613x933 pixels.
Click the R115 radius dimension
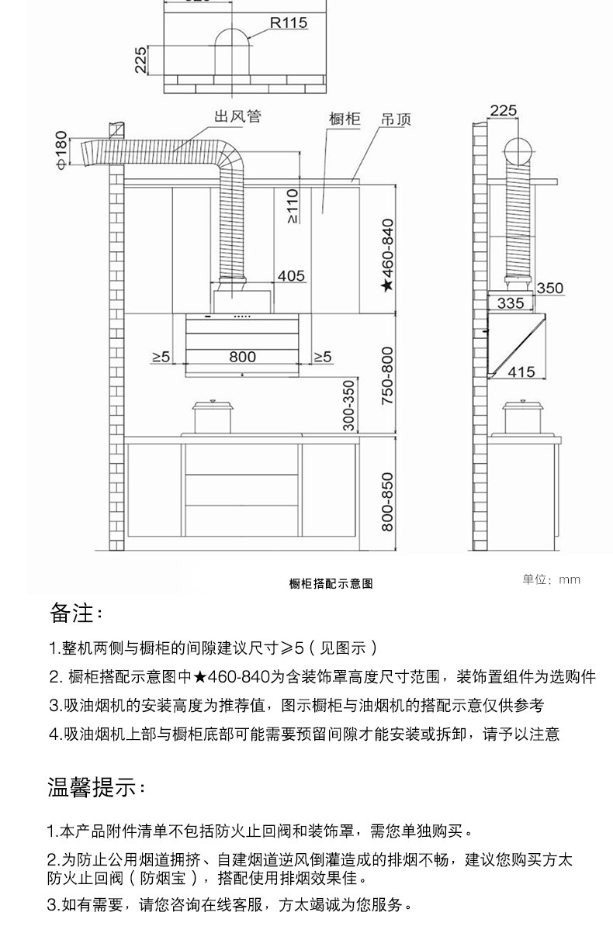coord(289,23)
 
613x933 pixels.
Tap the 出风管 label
coord(237,117)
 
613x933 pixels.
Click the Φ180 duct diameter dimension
coord(62,150)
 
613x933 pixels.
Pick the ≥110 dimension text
coord(292,206)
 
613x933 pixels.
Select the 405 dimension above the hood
coord(291,276)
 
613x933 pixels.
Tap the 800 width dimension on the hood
coord(242,357)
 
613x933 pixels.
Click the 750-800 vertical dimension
coord(388,375)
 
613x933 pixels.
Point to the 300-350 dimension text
coord(348,405)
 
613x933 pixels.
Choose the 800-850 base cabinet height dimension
coord(388,502)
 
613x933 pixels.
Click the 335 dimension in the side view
coord(510,303)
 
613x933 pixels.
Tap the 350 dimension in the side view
coord(549,289)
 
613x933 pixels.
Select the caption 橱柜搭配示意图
coord(331,583)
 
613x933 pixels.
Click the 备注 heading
coord(76,613)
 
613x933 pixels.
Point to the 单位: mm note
coord(551,579)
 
